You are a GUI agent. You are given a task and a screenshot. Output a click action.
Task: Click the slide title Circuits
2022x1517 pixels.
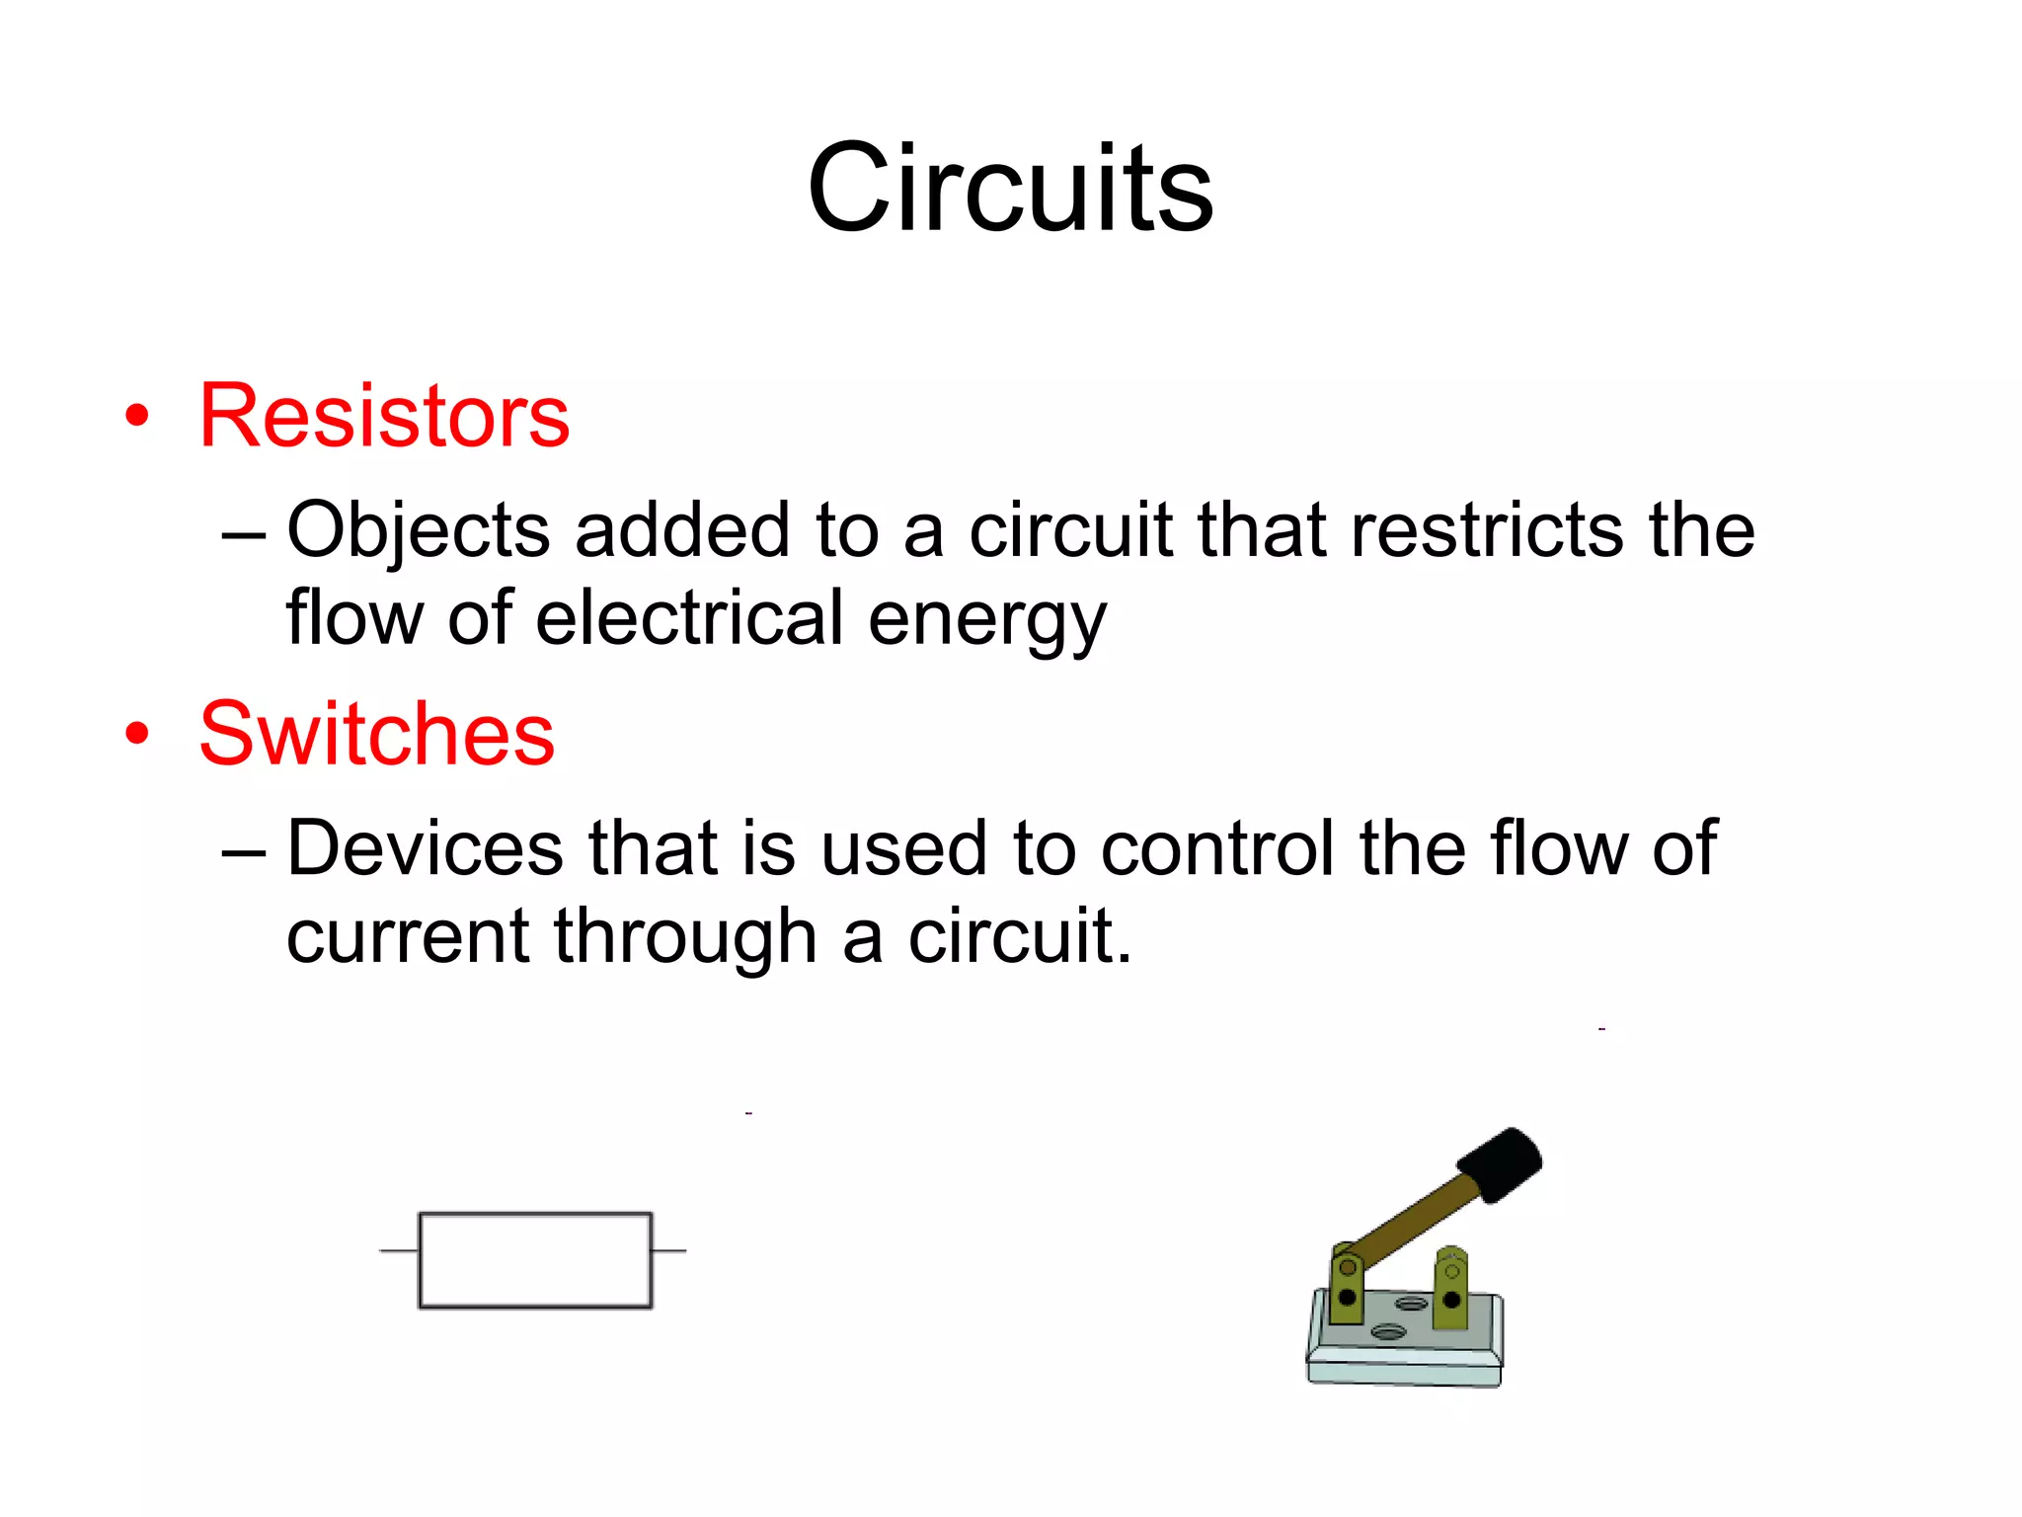point(1010,188)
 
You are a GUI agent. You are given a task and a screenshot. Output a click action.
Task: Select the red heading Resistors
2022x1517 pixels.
point(384,416)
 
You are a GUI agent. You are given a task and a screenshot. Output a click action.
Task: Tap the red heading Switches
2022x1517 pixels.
point(377,734)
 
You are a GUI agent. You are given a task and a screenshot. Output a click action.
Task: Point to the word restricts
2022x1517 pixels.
point(1486,529)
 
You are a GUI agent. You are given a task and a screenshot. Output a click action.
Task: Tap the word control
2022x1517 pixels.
point(1216,847)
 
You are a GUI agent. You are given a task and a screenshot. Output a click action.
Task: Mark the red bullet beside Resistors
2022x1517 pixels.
point(137,416)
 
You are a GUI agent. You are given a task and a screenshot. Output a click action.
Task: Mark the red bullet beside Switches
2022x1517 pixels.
point(137,734)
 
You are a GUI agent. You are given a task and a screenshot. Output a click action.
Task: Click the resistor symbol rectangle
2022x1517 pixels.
point(535,1260)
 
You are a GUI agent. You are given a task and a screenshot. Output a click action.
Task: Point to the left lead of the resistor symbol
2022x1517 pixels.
point(399,1250)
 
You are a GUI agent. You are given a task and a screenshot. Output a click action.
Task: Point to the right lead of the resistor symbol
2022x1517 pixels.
point(669,1250)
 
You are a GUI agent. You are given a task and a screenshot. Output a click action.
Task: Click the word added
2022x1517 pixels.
point(682,529)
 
